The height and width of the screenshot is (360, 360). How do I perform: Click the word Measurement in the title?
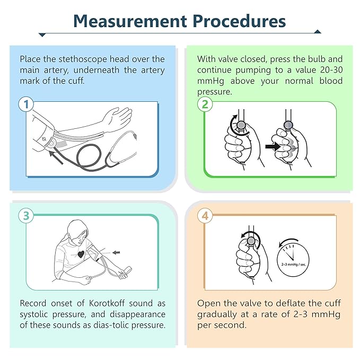click(130, 21)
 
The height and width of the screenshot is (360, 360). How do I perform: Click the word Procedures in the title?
click(239, 21)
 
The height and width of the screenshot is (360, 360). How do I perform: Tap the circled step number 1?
click(26, 104)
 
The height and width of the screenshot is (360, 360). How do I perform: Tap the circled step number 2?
click(205, 104)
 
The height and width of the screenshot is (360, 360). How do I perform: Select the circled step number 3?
click(26, 216)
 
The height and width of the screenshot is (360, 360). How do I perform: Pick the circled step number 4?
click(205, 216)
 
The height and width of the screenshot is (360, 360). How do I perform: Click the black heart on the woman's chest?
click(81, 254)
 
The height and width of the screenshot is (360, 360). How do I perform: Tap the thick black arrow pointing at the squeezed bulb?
click(273, 146)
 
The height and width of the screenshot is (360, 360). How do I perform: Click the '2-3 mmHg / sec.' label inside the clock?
click(294, 265)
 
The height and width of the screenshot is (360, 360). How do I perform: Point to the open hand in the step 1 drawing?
click(118, 119)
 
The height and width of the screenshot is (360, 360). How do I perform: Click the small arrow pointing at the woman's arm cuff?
click(116, 252)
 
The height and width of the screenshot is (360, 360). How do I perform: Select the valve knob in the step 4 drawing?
click(251, 241)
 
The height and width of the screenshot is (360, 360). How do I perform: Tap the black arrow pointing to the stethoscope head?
click(56, 157)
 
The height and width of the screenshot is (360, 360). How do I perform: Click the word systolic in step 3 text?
click(33, 314)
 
